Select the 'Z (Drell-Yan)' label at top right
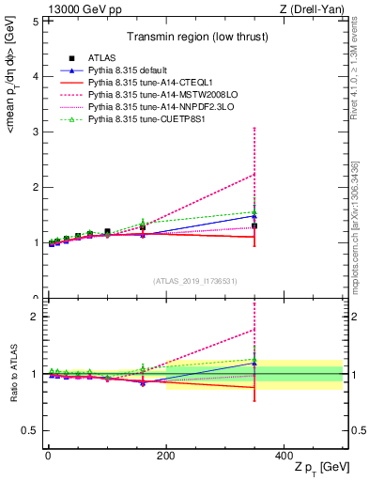pos(317,9)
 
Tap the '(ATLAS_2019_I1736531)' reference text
pos(194,280)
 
